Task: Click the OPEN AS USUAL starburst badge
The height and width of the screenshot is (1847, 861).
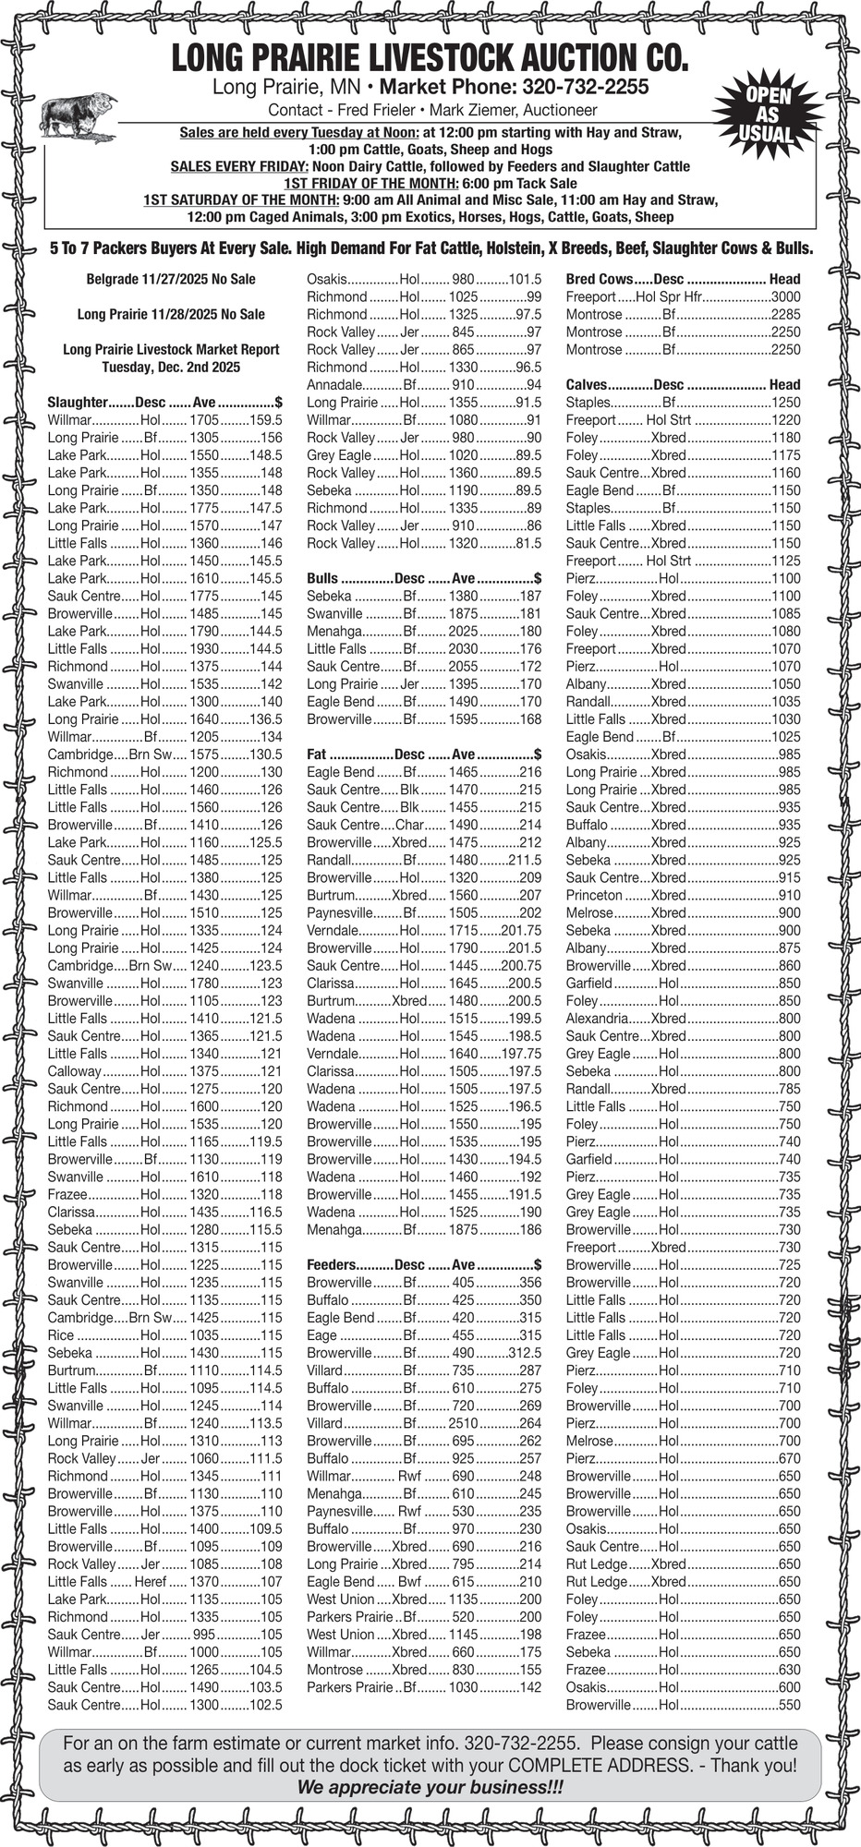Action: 766,115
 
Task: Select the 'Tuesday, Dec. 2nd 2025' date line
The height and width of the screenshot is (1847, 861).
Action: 171,367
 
